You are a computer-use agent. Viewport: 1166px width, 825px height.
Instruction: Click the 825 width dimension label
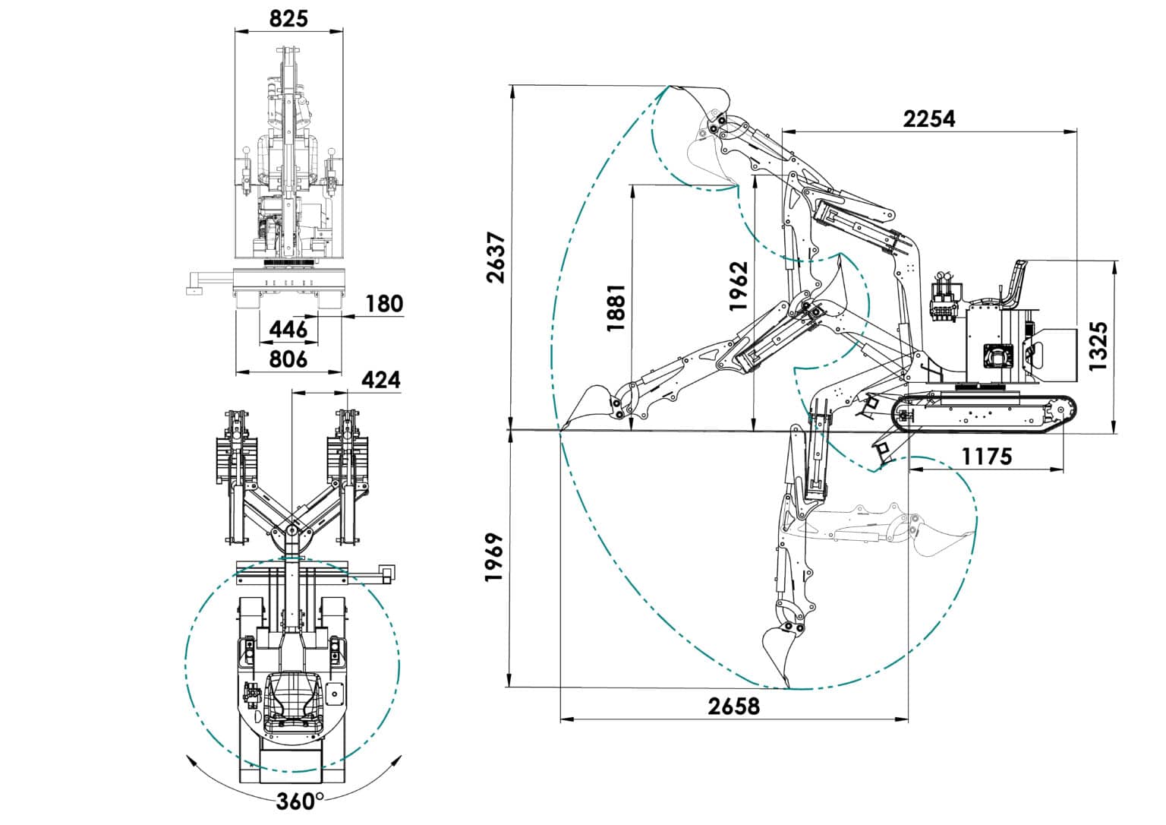pos(288,19)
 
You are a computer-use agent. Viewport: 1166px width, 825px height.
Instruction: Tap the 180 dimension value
pos(384,304)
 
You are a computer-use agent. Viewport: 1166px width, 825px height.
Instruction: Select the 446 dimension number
pos(288,329)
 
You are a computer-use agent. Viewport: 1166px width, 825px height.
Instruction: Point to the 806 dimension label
pos(288,359)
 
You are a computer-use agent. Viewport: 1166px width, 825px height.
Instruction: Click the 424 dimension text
pos(381,380)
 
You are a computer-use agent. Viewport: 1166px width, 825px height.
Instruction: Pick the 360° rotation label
pos(300,801)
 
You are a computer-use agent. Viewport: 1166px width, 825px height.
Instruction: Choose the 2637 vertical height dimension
pos(496,258)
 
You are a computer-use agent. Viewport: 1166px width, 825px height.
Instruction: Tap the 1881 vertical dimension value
pos(616,308)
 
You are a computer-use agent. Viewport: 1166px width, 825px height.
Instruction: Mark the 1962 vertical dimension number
pos(738,286)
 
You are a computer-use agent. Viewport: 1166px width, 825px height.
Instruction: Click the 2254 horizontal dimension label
pos(929,119)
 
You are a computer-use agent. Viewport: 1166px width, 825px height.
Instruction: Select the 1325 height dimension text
pos(1098,346)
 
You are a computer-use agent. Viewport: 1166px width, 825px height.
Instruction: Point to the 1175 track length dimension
pos(986,457)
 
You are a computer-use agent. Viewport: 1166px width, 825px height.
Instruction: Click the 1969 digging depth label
pos(493,557)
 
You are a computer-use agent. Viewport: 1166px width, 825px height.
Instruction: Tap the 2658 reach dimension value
pos(734,706)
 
